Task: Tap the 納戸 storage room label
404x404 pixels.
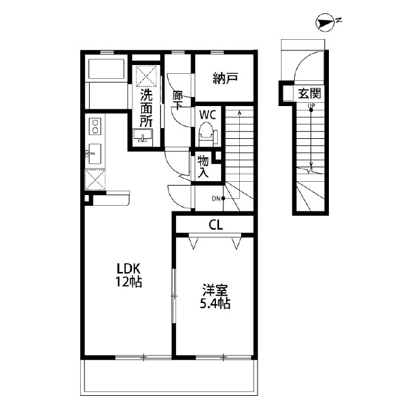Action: (225, 78)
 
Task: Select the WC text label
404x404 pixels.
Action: (208, 115)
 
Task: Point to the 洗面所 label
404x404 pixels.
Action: (146, 108)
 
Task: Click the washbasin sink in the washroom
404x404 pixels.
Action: (143, 136)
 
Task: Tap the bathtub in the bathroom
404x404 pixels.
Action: (106, 69)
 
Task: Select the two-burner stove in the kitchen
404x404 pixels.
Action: (95, 126)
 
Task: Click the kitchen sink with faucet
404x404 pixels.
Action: (93, 154)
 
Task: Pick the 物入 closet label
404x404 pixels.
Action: (203, 167)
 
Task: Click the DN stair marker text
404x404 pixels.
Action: (216, 199)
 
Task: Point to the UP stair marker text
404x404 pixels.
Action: (311, 105)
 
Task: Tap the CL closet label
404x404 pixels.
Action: (216, 225)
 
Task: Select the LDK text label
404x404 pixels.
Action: (129, 268)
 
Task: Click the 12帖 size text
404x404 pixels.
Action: (129, 282)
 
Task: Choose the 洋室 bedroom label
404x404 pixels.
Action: (215, 290)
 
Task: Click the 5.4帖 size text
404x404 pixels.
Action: (215, 304)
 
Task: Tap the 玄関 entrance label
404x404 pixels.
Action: (309, 93)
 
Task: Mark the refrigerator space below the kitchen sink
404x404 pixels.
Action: (95, 180)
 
